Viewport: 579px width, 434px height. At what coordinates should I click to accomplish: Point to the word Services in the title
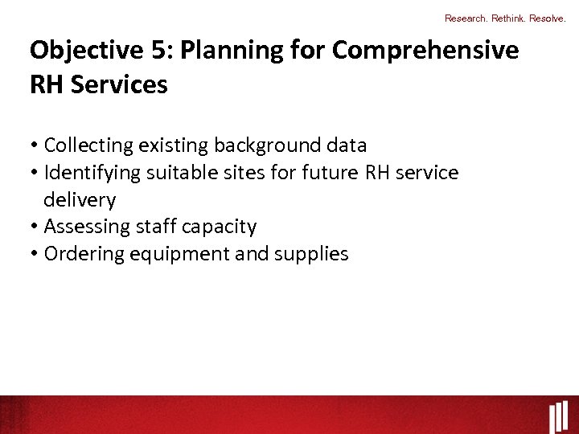click(120, 84)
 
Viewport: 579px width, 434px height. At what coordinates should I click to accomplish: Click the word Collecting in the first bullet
click(88, 145)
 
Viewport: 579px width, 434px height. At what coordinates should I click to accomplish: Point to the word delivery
click(80, 200)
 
